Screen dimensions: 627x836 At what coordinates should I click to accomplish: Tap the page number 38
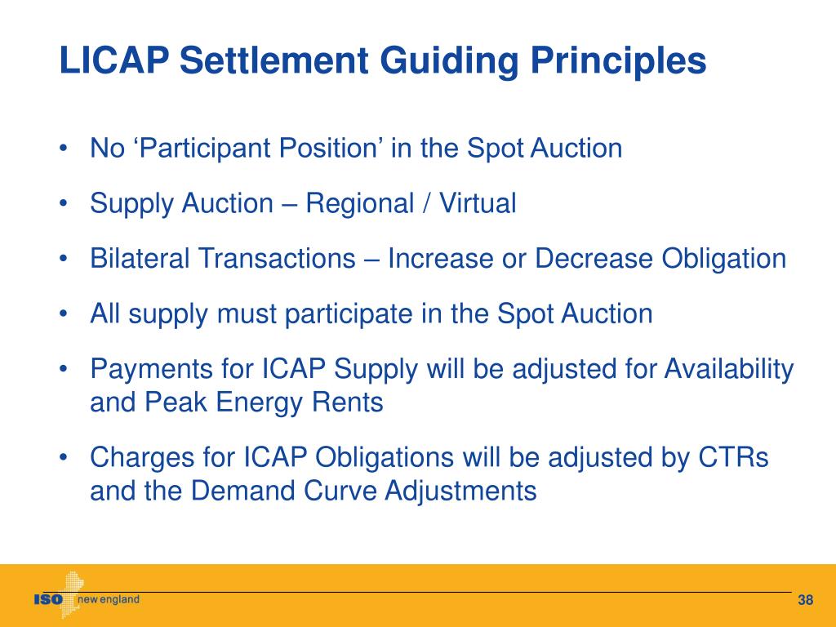tap(806, 602)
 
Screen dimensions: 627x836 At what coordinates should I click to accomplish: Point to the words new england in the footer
tap(109, 600)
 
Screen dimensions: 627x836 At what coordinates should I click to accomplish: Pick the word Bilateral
tap(137, 259)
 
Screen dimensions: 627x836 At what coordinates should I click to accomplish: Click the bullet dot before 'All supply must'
tap(64, 314)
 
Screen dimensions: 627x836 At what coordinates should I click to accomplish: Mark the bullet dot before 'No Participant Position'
tap(64, 149)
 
